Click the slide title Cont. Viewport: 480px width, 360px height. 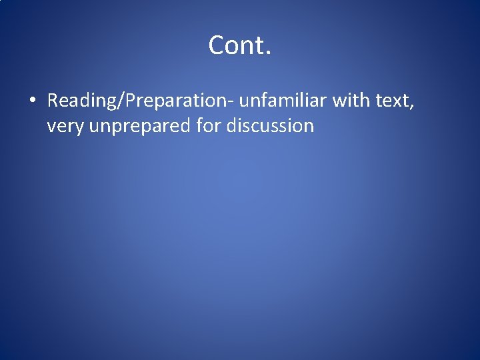[x=239, y=45]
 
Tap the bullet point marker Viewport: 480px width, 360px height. [x=31, y=101]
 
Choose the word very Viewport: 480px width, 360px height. [x=65, y=126]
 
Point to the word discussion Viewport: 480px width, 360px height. [x=269, y=125]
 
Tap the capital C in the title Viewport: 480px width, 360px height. [x=217, y=45]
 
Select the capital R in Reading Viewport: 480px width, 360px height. [x=53, y=101]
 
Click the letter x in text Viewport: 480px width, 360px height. [x=399, y=103]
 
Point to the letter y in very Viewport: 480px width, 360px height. [x=79, y=127]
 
